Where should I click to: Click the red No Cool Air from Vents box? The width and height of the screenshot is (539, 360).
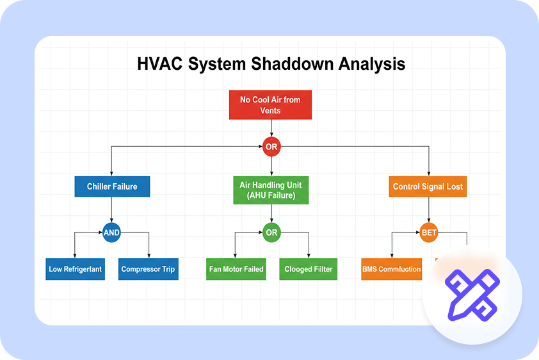(x=270, y=105)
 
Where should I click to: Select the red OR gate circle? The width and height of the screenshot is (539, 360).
(x=271, y=147)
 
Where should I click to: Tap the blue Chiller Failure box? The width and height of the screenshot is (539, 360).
(x=112, y=187)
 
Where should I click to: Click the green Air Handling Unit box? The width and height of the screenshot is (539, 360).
(x=271, y=190)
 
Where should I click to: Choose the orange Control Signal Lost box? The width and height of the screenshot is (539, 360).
(x=428, y=187)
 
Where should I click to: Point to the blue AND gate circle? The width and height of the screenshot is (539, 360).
(x=111, y=233)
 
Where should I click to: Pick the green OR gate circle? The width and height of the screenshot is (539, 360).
(x=271, y=233)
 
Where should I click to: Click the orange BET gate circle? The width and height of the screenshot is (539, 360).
(x=428, y=233)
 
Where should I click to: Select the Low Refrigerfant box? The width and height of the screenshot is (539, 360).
(x=76, y=269)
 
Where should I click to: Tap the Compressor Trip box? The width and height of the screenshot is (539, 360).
(x=148, y=269)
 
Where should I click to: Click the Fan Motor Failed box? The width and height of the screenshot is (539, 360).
(x=236, y=269)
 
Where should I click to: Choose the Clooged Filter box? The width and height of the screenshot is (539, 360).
(x=309, y=269)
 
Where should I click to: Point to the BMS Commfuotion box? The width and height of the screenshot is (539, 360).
(x=391, y=269)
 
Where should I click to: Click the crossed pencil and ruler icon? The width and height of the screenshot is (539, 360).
(x=472, y=295)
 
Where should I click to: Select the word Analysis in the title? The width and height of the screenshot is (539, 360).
(x=371, y=65)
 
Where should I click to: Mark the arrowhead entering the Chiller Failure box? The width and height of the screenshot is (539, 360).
(x=112, y=174)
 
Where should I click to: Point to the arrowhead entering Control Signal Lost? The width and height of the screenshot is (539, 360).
(x=428, y=174)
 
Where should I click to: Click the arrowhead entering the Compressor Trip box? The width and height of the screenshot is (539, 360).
(x=149, y=256)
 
